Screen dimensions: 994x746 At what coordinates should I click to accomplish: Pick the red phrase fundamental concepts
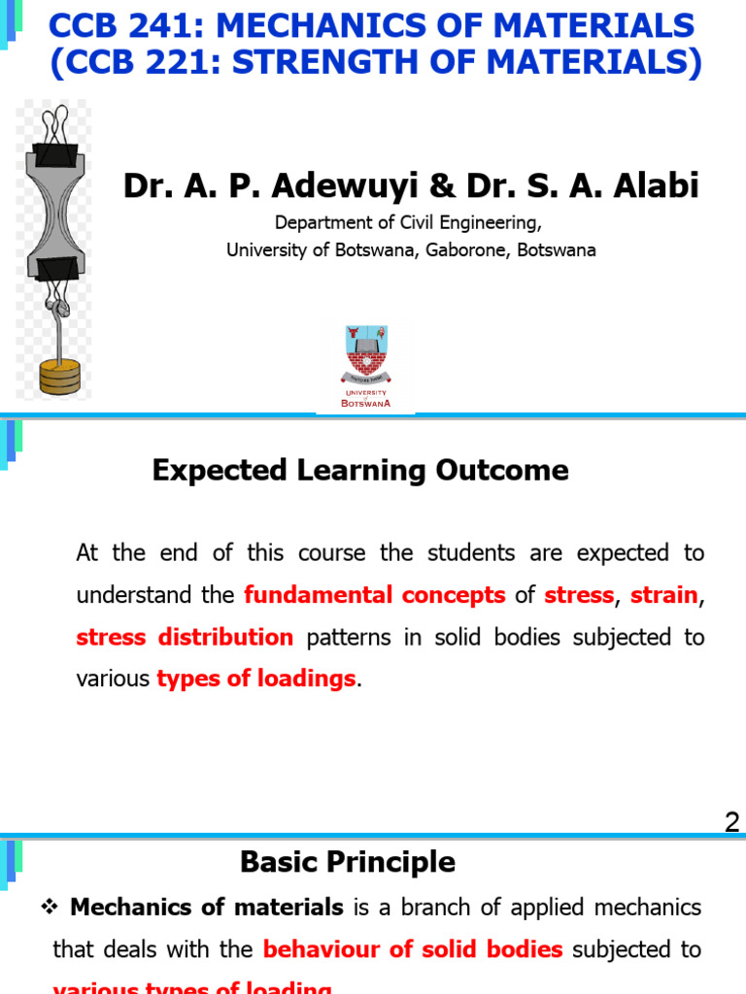pyautogui.click(x=374, y=595)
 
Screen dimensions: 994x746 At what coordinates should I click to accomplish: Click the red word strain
pyautogui.click(x=664, y=595)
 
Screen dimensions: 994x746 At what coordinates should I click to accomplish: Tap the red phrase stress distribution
pyautogui.click(x=185, y=637)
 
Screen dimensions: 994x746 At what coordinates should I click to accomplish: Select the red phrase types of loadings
pyautogui.click(x=256, y=679)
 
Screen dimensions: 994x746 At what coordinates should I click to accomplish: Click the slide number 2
pyautogui.click(x=731, y=823)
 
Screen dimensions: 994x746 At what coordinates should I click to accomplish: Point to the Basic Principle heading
pyautogui.click(x=347, y=862)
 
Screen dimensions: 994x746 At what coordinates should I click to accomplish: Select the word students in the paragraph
pyautogui.click(x=458, y=553)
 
